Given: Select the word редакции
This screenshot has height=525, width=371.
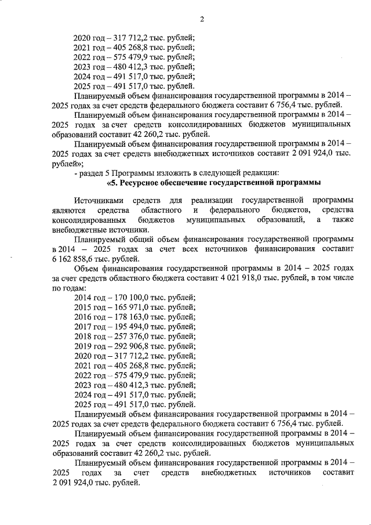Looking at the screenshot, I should (261, 173).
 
